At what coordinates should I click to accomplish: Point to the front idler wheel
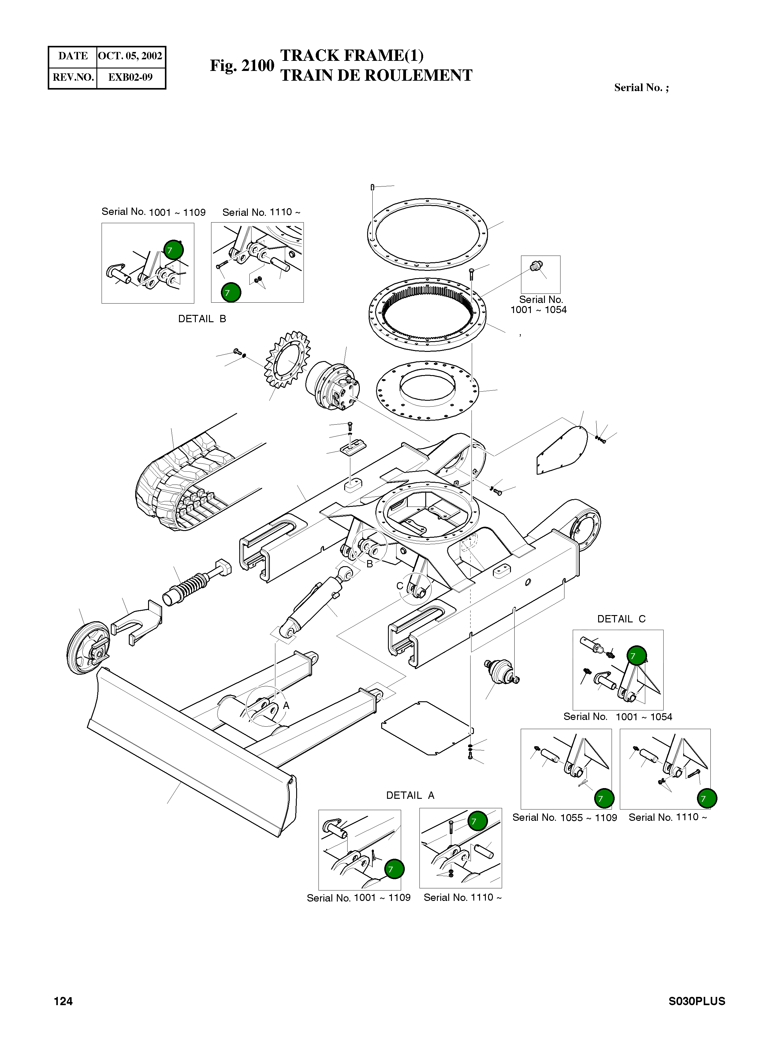88,648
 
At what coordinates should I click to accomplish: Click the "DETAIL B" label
202,319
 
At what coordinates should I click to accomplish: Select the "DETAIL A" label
410,795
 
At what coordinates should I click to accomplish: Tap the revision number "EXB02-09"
130,77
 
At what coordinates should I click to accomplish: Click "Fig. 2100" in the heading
242,65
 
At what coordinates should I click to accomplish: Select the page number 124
63,1001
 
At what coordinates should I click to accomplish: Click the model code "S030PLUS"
697,1001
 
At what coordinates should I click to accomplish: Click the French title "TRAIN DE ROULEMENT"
376,75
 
